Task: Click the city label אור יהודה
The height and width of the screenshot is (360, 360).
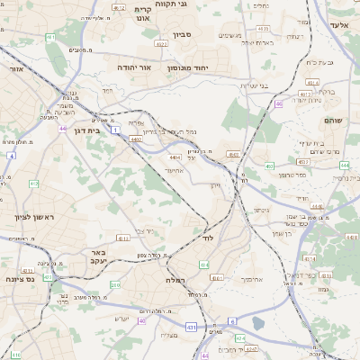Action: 134,67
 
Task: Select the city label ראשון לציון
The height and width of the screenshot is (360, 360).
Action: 34,218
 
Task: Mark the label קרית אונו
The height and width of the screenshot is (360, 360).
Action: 142,15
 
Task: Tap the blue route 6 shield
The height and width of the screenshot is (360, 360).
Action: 232,321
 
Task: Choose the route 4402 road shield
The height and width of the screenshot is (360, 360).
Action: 136,139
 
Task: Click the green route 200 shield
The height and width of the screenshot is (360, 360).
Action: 115,285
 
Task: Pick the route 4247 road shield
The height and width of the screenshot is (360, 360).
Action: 251,346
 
